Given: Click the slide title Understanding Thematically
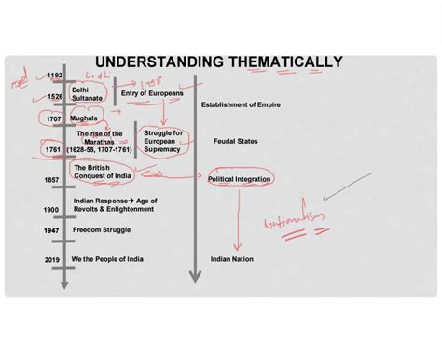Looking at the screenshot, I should [219, 62].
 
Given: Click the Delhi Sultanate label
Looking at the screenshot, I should [87, 93].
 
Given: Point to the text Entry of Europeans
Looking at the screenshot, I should [152, 93].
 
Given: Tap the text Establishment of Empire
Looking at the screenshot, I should [240, 104].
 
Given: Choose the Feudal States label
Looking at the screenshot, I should [235, 141].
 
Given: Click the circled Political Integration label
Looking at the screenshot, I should [240, 177].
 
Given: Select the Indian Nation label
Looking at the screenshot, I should [233, 259].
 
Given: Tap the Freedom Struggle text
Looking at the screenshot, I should [102, 229].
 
